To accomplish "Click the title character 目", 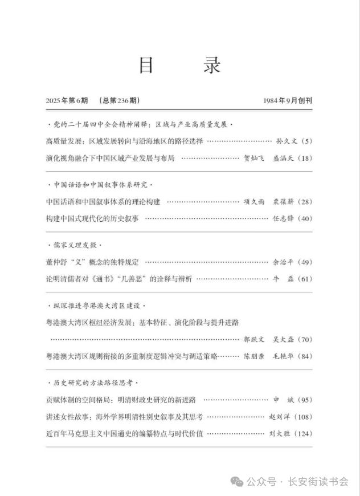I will click(x=146, y=65).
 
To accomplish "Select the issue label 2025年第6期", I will click(x=67, y=101).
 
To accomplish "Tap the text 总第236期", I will click(x=118, y=101).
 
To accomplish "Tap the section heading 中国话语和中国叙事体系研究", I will click(x=100, y=185).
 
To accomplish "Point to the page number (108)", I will click(x=301, y=417).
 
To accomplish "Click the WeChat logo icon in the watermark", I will click(x=237, y=482).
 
